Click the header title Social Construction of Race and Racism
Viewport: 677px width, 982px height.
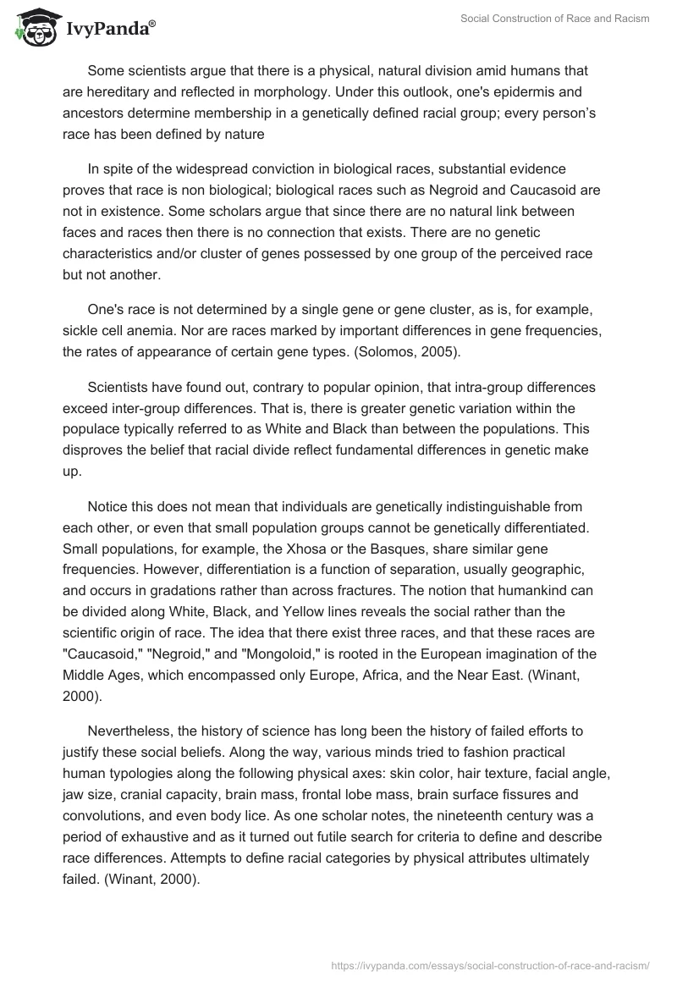tap(555, 19)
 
